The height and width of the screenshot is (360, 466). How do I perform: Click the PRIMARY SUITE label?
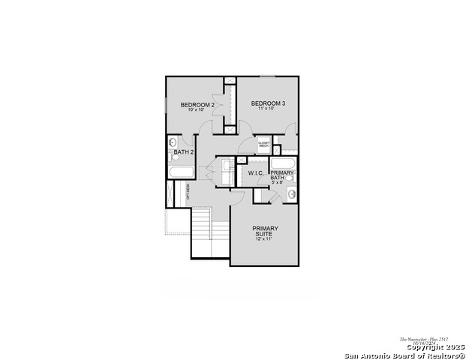[265, 231]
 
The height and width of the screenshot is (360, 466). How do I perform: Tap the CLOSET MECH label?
[263, 144]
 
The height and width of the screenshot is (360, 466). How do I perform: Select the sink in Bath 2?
[172, 142]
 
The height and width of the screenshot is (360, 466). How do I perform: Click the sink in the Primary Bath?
[291, 195]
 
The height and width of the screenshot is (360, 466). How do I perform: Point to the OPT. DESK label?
[188, 192]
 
